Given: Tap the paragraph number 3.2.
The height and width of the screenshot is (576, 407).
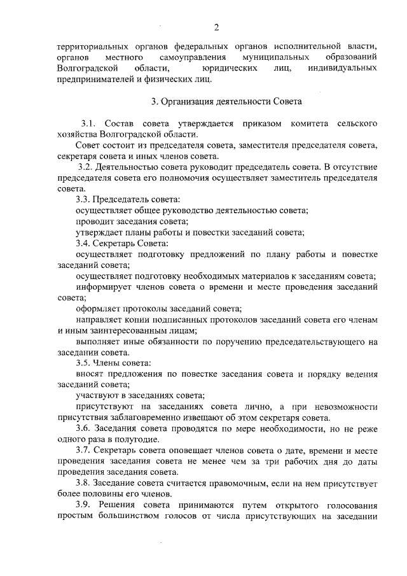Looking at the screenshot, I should [x=86, y=167].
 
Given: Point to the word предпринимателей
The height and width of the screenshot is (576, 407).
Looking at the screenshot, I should [x=95, y=80].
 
